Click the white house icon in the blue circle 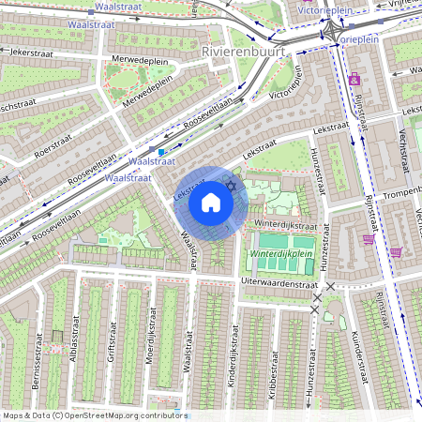point(211,203)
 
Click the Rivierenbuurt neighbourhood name point(242,53)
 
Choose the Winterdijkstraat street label point(287,225)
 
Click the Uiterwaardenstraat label point(280,281)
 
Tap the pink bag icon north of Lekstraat point(354,80)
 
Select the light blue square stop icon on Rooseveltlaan point(161,150)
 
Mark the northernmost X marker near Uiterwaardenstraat point(330,285)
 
